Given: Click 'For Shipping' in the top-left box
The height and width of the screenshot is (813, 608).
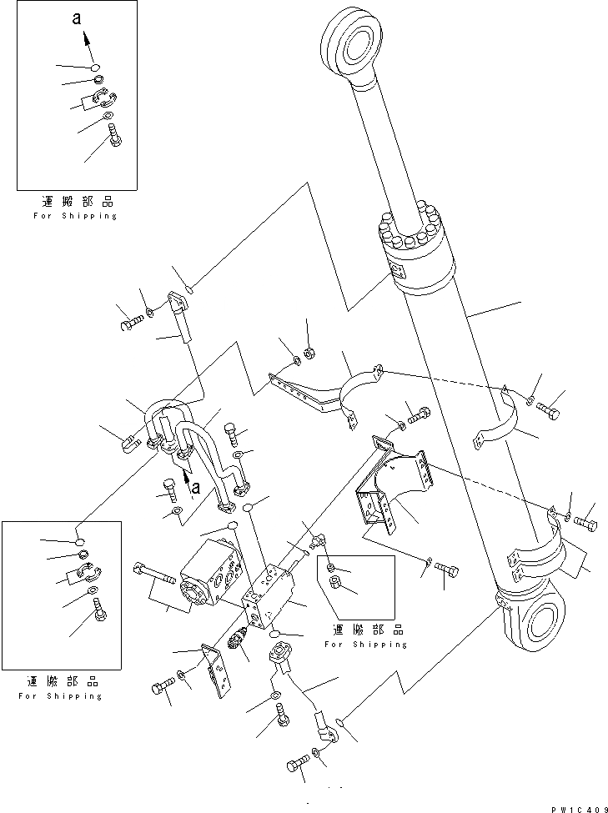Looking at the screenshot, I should point(76,216).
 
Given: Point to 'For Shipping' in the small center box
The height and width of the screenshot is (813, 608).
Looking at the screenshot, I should point(366,644).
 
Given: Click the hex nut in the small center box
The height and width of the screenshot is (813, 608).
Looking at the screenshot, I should point(338,581).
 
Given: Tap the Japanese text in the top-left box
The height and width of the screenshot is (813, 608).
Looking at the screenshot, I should point(76,203).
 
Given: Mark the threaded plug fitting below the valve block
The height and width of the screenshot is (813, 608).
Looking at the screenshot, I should point(238,643).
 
